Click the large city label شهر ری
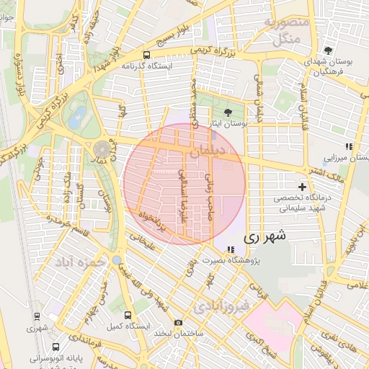264,235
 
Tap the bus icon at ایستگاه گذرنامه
146,55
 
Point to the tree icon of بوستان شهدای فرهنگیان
328,50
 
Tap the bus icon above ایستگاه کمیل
128,315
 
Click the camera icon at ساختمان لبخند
178,322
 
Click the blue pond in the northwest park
77,116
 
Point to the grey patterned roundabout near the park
102,149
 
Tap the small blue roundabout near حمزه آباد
116,259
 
